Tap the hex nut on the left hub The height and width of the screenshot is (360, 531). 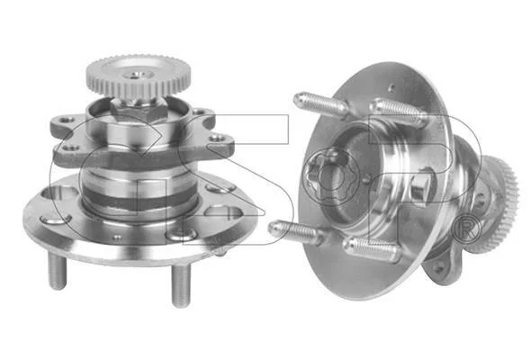(x=139, y=109)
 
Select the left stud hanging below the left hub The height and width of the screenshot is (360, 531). (x=58, y=271)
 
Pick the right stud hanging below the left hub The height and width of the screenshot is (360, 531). (x=181, y=284)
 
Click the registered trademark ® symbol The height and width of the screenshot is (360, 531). (x=467, y=230)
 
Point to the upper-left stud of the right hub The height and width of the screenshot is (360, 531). (x=320, y=105)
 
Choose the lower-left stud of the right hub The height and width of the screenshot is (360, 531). (x=294, y=231)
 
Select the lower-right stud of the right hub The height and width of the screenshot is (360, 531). (x=371, y=249)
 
